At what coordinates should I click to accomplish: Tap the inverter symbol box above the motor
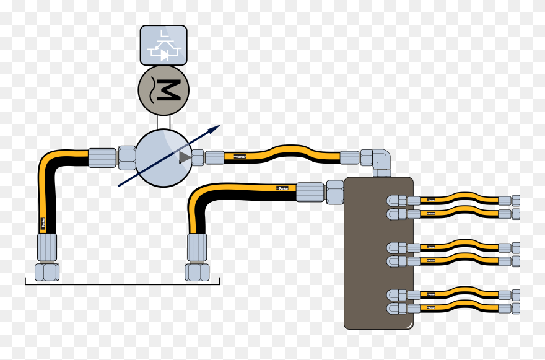163,45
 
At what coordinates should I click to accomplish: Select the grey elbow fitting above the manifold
379,162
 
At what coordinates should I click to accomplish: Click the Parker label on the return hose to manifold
282,188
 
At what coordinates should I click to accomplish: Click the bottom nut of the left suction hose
46,271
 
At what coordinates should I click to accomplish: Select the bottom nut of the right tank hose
197,271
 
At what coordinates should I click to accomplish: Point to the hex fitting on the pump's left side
127,157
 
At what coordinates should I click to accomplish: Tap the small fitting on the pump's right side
198,157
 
